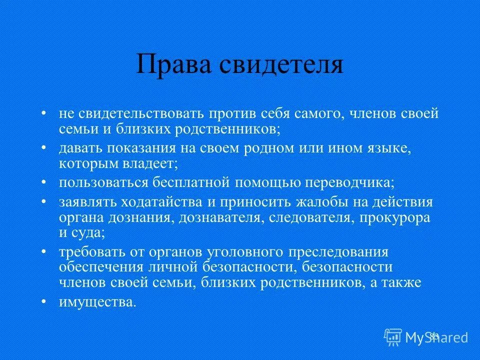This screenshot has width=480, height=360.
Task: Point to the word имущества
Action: pyautogui.click(x=97, y=302)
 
